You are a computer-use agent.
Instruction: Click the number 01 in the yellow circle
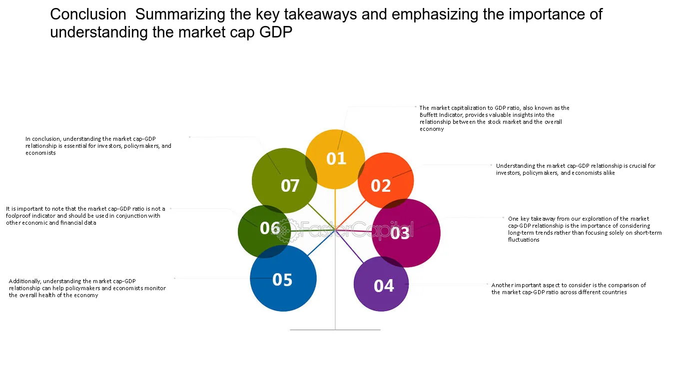point(336,158)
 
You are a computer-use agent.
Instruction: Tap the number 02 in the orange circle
point(381,185)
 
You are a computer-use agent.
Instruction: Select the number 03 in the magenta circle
point(400,233)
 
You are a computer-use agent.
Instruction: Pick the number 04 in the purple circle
point(384,286)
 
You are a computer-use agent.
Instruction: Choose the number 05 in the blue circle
point(282,280)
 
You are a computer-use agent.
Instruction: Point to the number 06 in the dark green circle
point(270,228)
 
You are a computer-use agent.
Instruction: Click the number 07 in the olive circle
point(290,186)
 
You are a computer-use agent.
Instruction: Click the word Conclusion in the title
point(88,14)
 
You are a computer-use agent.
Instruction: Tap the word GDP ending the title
point(275,32)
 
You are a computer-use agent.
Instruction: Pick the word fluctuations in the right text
point(524,240)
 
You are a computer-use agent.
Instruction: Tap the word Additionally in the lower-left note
point(24,282)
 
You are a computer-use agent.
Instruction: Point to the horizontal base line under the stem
point(335,330)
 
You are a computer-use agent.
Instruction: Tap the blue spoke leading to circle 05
point(321,243)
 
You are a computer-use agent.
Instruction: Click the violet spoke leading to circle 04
point(349,247)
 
